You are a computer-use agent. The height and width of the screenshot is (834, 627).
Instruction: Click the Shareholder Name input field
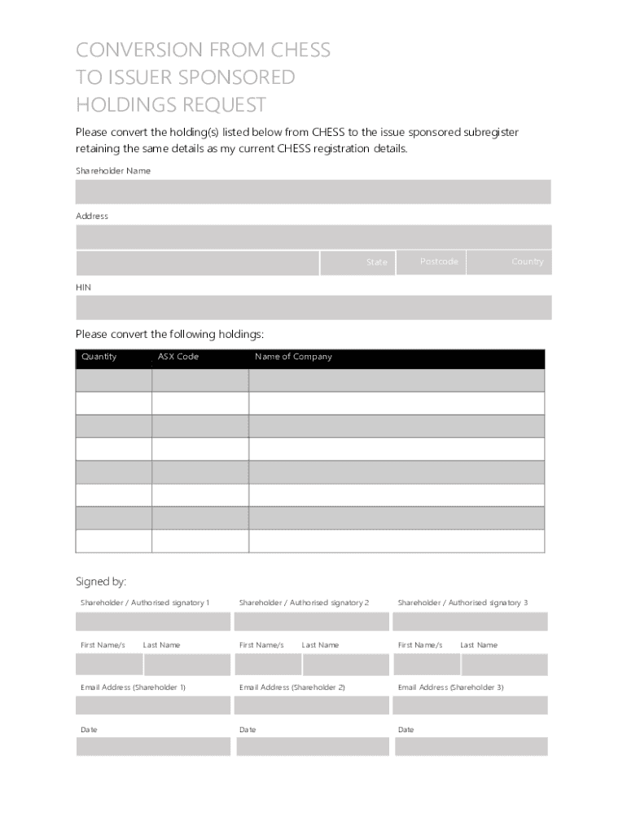(x=313, y=191)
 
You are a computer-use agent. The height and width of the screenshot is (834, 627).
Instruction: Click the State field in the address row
(x=357, y=262)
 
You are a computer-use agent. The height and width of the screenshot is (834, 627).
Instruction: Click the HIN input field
(x=313, y=307)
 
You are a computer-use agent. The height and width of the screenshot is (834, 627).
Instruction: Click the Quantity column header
(x=99, y=357)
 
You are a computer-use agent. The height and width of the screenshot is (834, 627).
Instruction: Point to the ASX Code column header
(x=178, y=357)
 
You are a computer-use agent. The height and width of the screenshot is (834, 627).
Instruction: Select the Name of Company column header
(x=293, y=357)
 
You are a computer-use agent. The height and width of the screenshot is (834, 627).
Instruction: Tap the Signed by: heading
(x=101, y=582)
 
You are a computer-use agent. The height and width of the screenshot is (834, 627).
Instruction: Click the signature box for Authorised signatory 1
(x=153, y=621)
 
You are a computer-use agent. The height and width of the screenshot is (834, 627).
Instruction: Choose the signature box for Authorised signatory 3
(x=470, y=621)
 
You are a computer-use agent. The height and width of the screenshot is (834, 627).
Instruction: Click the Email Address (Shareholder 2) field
(x=312, y=705)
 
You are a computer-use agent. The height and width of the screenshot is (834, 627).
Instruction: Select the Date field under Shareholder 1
(x=153, y=746)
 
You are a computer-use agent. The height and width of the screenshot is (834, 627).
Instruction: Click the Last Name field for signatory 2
(x=346, y=665)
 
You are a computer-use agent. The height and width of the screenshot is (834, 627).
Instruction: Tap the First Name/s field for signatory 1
(x=109, y=665)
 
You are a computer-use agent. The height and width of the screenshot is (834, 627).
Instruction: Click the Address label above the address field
(x=92, y=216)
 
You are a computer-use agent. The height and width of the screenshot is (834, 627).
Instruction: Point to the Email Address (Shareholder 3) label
(x=450, y=687)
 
